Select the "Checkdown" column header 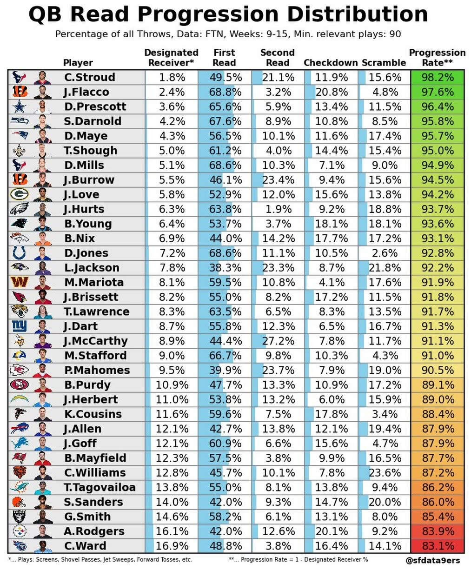(331, 63)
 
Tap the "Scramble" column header (384, 63)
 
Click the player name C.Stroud (90, 77)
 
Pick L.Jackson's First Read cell (225, 268)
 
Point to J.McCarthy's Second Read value (278, 341)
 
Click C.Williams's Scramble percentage (385, 473)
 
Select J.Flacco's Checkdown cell (331, 92)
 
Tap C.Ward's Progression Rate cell (437, 546)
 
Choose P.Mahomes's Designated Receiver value (172, 370)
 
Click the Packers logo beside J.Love (20, 194)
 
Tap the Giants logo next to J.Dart (20, 326)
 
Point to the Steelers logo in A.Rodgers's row (20, 531)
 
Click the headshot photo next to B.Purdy (42, 385)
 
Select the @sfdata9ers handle (434, 561)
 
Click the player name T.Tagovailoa (100, 487)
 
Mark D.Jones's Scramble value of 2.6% (385, 253)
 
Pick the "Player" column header (78, 63)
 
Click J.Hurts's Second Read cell (278, 209)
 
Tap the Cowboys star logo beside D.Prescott (20, 106)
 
